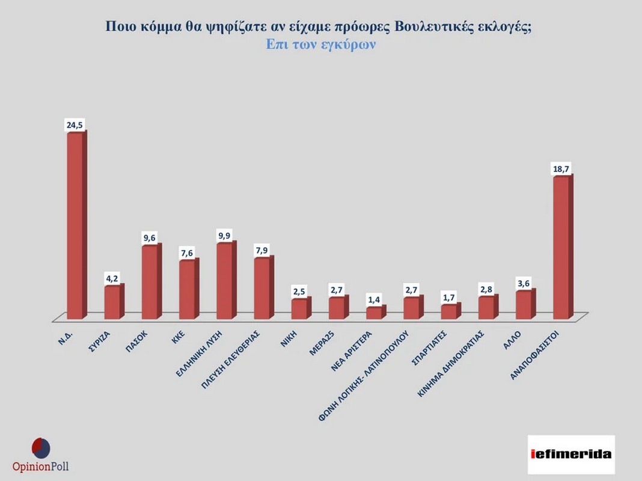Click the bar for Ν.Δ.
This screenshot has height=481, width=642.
75,225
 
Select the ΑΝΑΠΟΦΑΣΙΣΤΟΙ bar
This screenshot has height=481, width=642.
561,247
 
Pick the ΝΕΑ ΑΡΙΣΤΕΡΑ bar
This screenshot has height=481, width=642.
374,313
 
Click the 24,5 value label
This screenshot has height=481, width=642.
75,125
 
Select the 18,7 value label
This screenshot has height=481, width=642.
561,169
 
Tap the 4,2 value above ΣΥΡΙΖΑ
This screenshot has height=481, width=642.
112,278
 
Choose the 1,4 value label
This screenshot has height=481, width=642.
374,299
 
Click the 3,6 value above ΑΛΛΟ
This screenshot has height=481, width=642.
524,283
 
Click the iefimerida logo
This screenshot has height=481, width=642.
571,454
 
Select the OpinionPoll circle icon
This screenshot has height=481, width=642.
40,448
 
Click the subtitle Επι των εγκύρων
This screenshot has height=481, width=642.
321,44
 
